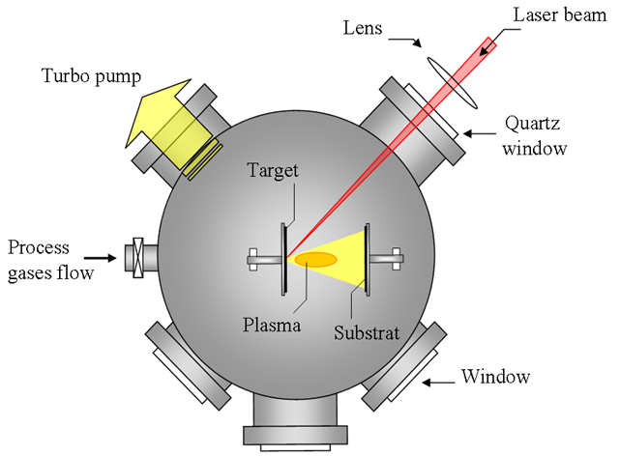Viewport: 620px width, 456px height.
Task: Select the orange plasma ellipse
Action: (315, 259)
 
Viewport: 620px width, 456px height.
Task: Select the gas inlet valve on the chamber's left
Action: (136, 258)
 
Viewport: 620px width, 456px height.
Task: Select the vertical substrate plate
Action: (367, 258)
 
